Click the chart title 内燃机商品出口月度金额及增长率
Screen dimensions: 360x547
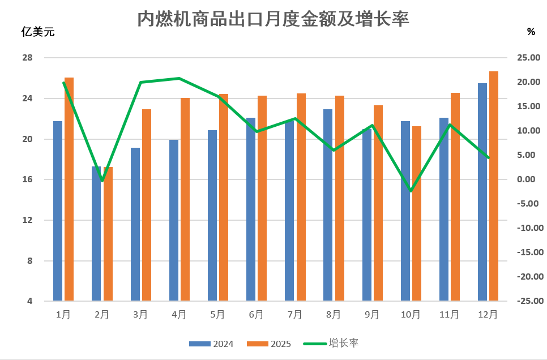point(273,19)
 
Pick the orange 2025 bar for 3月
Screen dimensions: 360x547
point(147,204)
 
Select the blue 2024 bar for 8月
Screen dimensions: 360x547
point(328,204)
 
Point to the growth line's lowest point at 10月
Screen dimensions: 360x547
point(411,191)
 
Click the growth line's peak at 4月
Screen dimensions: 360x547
point(180,78)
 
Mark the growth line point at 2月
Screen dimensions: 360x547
point(102,181)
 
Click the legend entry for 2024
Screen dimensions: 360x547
point(212,344)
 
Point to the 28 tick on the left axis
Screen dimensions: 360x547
point(27,58)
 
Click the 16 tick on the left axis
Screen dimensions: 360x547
point(27,179)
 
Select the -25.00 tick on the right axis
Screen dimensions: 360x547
point(526,301)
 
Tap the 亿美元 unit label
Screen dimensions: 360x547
point(38,32)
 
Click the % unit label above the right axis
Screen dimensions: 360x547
point(531,32)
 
